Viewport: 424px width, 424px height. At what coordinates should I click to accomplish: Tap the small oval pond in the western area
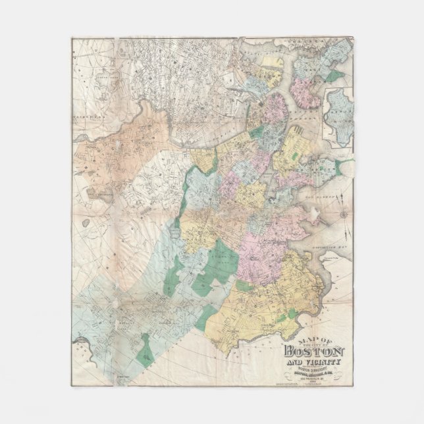coord(103,196)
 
